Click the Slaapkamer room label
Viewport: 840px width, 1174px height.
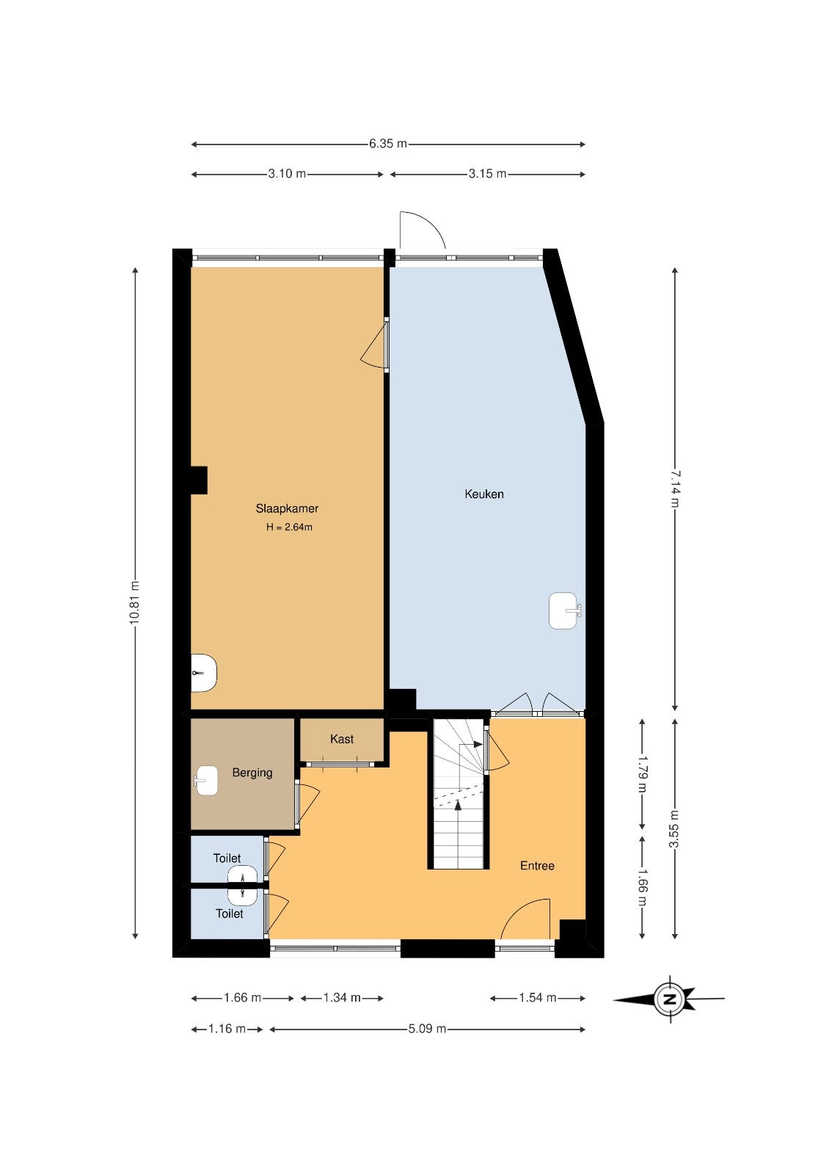pos(287,508)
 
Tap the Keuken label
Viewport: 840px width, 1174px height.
pos(483,494)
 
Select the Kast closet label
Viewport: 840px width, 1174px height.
pos(342,739)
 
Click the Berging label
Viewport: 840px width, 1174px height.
pos(252,773)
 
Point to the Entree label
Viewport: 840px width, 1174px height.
pos(537,866)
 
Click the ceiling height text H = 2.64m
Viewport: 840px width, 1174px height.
pos(289,528)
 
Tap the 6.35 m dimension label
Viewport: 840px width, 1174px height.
pos(388,144)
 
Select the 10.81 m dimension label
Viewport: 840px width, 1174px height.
pos(135,602)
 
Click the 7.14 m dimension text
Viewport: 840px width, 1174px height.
pos(674,489)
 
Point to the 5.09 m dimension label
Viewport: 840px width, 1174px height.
pos(427,1029)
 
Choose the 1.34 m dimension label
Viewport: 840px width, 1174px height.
pos(342,997)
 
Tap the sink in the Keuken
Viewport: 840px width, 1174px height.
pos(564,610)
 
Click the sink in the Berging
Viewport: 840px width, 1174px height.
pos(206,781)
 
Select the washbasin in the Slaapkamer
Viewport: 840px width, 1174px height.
pos(203,673)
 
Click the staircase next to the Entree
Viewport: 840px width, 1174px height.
pos(459,793)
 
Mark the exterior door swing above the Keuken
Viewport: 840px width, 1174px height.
pos(423,230)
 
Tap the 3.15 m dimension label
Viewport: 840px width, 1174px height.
pos(487,173)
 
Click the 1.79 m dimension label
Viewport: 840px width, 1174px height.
pos(643,773)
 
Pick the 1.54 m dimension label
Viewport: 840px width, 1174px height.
pos(537,997)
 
